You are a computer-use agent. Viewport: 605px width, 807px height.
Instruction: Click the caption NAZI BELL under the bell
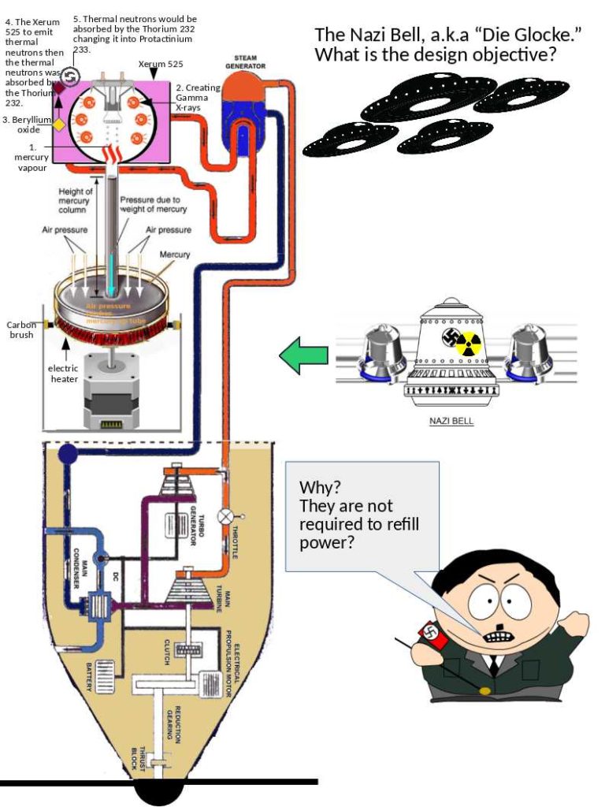pyautogui.click(x=451, y=421)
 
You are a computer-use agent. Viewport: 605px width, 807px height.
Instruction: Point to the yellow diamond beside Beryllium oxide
pyautogui.click(x=58, y=125)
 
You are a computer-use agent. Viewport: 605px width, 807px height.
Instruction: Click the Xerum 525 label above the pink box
pyautogui.click(x=161, y=63)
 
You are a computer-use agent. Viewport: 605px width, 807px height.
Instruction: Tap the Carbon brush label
pyautogui.click(x=21, y=329)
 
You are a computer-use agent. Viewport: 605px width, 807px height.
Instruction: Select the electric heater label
pyautogui.click(x=64, y=374)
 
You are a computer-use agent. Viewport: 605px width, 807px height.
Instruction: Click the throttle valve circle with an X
pyautogui.click(x=227, y=515)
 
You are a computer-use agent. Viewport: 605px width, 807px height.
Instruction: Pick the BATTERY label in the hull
pyautogui.click(x=88, y=677)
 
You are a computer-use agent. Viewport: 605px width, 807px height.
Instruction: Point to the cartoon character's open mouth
pyautogui.click(x=497, y=635)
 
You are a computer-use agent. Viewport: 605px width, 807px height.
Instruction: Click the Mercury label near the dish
pyautogui.click(x=175, y=255)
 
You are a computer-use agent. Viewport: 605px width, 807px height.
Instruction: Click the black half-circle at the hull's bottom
pyautogui.click(x=161, y=792)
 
